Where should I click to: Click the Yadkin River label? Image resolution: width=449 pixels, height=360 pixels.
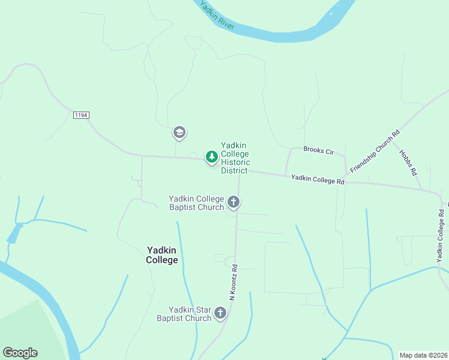[217, 17]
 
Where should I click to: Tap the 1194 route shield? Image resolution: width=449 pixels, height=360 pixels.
[81, 115]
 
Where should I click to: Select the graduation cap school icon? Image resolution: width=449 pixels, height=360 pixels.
[179, 132]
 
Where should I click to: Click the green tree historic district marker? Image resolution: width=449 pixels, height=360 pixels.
[211, 157]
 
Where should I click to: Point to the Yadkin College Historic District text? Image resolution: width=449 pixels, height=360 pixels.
[235, 158]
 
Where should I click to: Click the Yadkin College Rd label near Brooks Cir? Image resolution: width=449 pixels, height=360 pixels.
[318, 179]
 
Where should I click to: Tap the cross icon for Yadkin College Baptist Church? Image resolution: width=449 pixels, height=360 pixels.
[234, 202]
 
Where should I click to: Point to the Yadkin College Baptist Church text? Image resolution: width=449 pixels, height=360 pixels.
[196, 203]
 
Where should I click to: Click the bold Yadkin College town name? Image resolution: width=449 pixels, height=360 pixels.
[162, 255]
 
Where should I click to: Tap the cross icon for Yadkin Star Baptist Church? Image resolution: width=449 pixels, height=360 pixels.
[220, 313]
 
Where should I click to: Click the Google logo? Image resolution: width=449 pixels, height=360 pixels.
[20, 353]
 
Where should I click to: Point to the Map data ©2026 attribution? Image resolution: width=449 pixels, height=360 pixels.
[423, 355]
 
